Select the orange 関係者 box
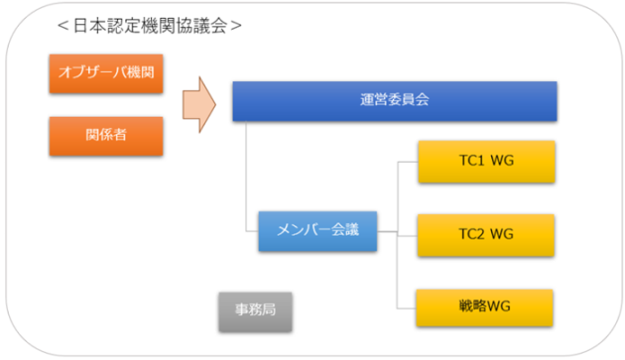click(x=106, y=136)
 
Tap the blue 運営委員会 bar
click(x=394, y=100)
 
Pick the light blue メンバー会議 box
click(x=317, y=233)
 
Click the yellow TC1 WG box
click(x=485, y=162)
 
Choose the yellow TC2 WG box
click(x=485, y=234)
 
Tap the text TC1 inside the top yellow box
click(x=472, y=162)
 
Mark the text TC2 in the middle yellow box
click(x=472, y=234)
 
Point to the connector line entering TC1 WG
click(x=407, y=162)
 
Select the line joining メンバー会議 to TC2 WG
click(x=397, y=234)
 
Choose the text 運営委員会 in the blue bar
click(x=394, y=100)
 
